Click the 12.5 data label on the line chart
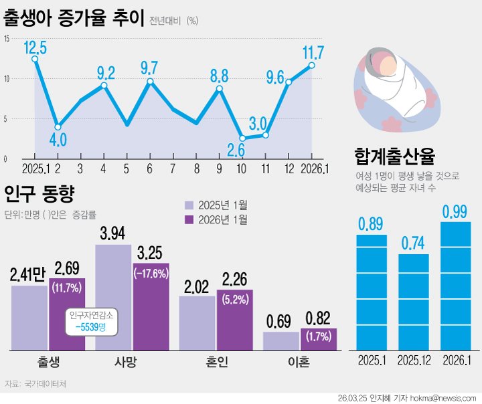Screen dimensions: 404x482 35,47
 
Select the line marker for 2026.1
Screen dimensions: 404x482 312,65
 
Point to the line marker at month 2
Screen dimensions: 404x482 58,126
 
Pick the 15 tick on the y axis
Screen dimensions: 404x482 6,39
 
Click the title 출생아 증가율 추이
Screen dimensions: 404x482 74,18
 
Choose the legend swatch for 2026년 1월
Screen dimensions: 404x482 189,219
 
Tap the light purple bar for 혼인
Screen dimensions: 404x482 197,322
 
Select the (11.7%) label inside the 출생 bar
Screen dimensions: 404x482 66,289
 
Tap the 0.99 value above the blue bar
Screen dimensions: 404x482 456,212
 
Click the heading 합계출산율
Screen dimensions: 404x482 395,157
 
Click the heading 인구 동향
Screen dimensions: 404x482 39,195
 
